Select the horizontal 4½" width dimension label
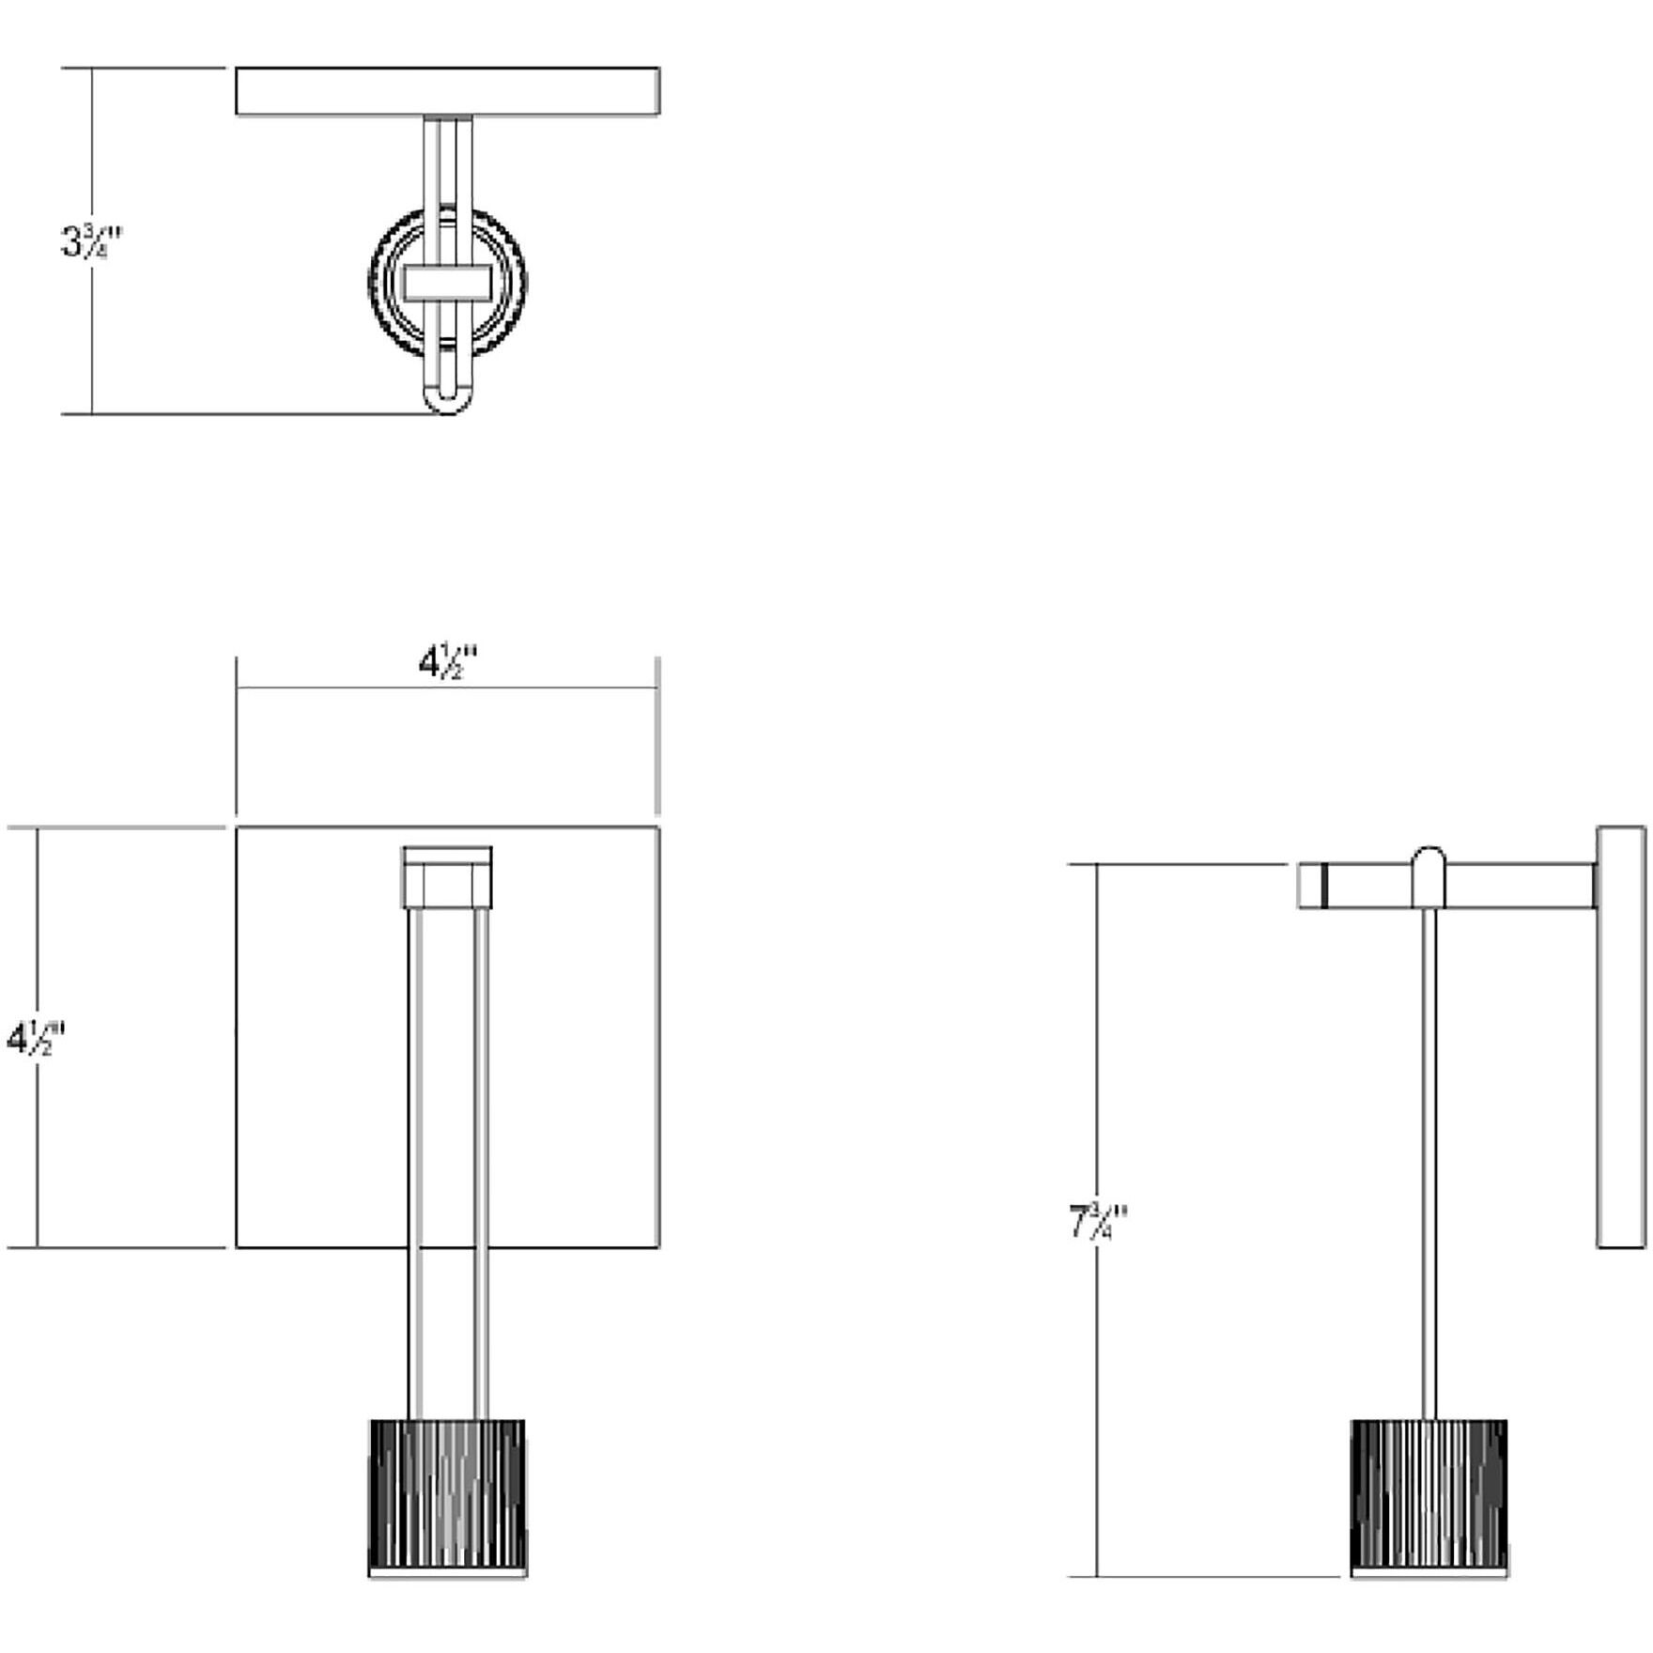pos(447,663)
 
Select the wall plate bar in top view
pos(447,91)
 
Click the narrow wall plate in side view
pos(1620,1037)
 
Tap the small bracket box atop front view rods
pos(447,877)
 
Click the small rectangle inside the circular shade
pos(448,282)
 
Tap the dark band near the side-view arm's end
pos(1323,886)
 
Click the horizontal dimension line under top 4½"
pos(329,687)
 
